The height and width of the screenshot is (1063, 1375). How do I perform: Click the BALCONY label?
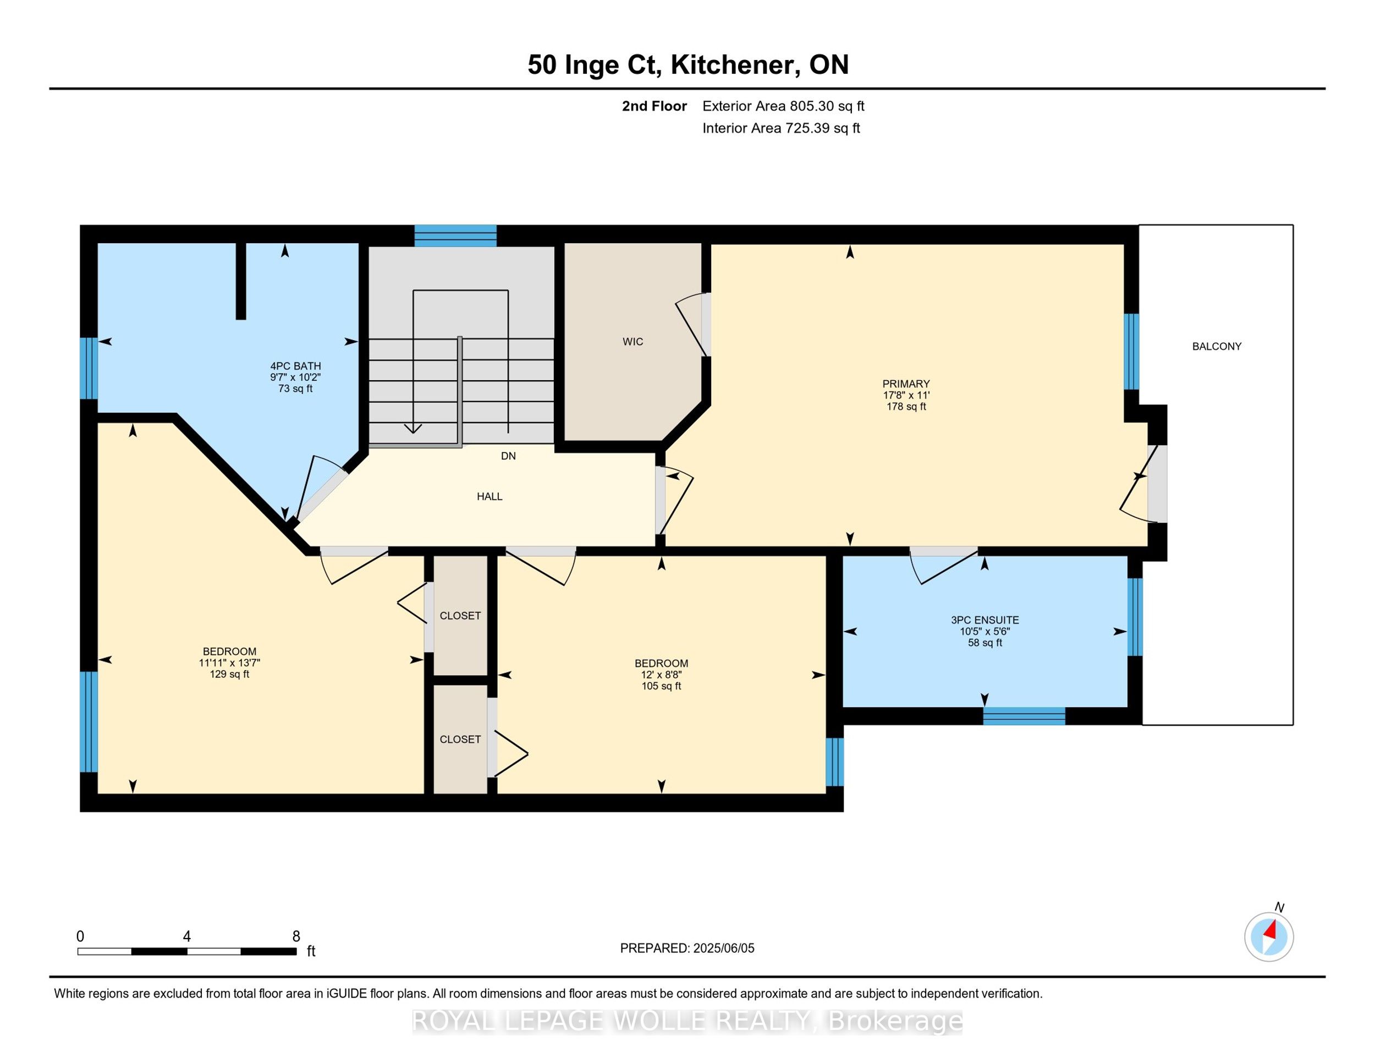click(1217, 347)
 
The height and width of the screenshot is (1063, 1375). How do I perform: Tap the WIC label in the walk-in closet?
click(632, 342)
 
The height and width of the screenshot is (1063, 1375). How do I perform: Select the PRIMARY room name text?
click(906, 383)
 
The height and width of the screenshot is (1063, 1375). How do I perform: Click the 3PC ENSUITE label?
click(985, 620)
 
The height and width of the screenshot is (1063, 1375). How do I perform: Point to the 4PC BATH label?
click(295, 366)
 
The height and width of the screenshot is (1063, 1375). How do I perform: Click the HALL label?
click(489, 497)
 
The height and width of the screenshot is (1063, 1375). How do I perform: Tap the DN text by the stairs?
click(508, 456)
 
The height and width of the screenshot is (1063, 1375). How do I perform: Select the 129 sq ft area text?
click(229, 675)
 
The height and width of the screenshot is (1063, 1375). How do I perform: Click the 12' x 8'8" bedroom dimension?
click(661, 675)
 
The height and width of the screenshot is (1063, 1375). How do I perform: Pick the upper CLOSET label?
click(460, 616)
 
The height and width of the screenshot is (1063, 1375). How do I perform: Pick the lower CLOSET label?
click(460, 739)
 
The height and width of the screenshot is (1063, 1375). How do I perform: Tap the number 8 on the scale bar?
click(296, 936)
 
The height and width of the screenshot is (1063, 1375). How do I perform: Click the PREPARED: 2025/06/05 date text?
click(687, 949)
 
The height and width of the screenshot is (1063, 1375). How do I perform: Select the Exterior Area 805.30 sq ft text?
click(783, 106)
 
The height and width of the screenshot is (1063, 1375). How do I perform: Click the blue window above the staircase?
click(455, 235)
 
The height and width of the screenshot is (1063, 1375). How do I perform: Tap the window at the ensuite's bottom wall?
click(1024, 716)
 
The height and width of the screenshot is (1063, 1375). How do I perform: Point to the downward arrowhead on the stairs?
click(413, 428)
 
